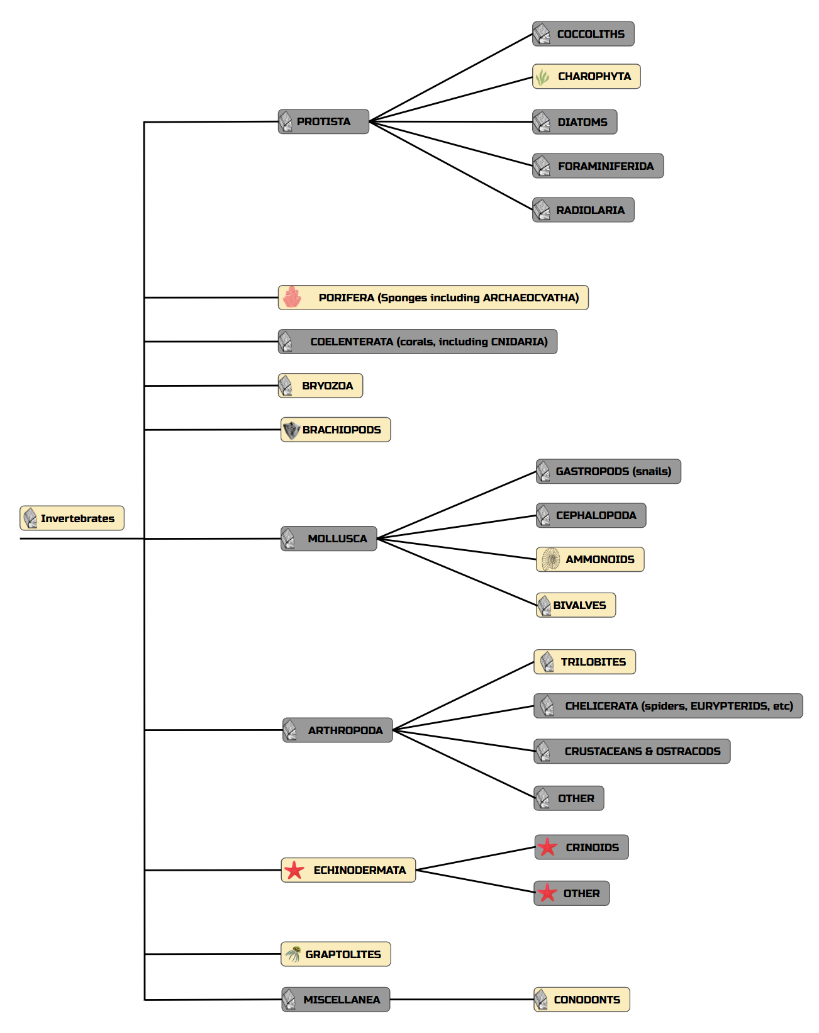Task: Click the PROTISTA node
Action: coord(323,121)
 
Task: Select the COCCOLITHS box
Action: coord(583,34)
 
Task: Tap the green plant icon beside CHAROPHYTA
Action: coord(542,77)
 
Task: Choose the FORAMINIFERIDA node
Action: coord(598,166)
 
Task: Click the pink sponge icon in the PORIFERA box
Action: coord(292,298)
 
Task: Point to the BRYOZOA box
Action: coord(320,386)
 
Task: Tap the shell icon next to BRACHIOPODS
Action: coord(291,430)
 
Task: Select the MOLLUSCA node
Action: coord(328,539)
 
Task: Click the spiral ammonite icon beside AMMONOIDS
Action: coord(551,559)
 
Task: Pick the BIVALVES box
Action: coord(576,605)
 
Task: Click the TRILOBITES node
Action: coord(584,662)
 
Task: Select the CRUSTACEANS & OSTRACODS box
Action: coord(632,751)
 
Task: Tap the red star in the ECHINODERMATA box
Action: coord(294,871)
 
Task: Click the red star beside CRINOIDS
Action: coord(547,847)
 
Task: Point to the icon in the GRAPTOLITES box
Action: coord(292,954)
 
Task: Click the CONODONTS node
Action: coord(581,1000)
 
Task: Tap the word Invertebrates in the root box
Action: coord(77,518)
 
